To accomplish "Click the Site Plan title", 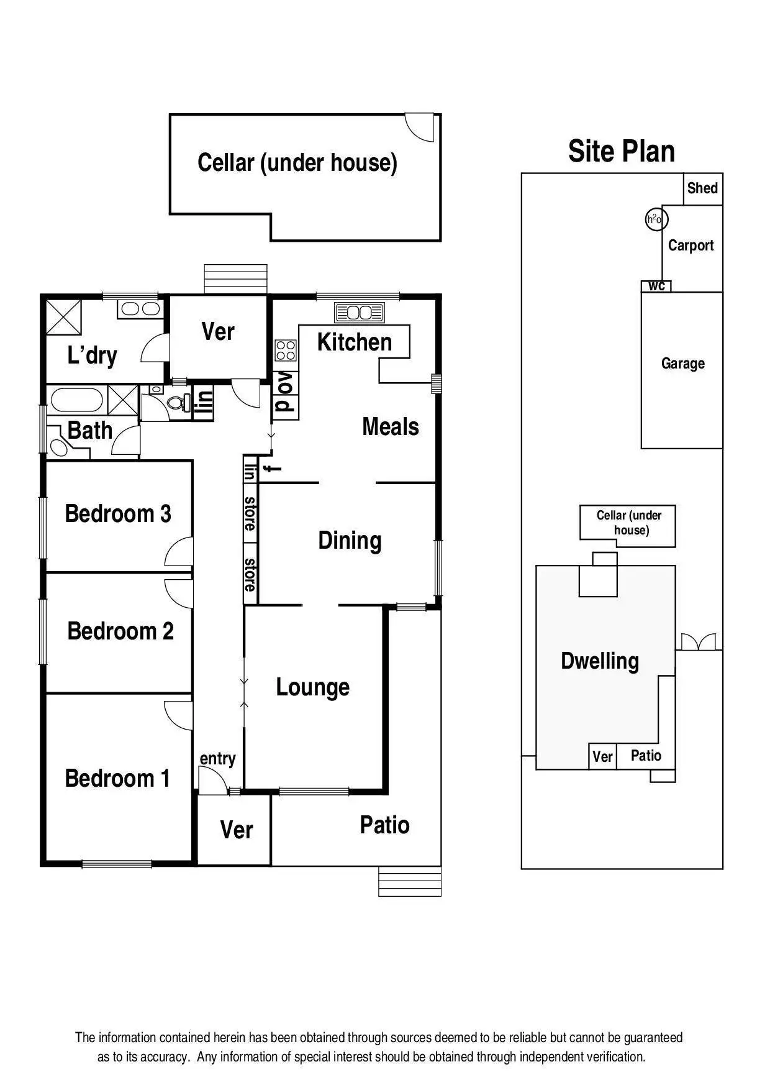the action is click(622, 151).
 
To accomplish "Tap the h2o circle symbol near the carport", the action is click(655, 219).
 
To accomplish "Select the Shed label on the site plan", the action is click(702, 188).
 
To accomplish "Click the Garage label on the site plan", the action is click(682, 363).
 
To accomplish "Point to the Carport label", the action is click(691, 245).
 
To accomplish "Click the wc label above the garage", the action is click(656, 286).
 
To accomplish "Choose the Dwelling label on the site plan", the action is click(599, 661).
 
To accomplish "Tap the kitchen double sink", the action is click(360, 312).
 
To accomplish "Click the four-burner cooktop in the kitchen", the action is click(286, 350).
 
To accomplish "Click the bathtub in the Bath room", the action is click(76, 400).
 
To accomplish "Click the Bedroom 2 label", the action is click(120, 631).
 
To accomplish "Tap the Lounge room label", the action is click(312, 687).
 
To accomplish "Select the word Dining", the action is click(350, 540).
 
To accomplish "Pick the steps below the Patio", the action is click(410, 881).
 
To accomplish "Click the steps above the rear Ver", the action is click(235, 278).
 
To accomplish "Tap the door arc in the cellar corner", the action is click(419, 127).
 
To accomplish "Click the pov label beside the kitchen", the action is click(285, 395).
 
